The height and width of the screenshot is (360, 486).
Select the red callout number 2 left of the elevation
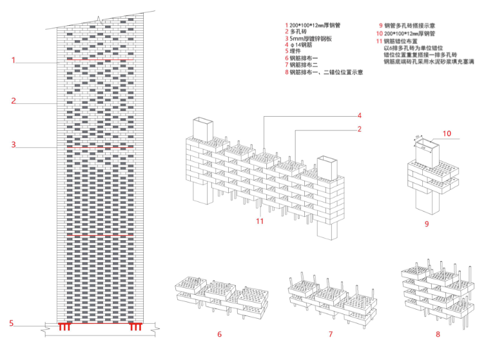coord(13,101)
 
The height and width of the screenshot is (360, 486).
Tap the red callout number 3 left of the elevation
coord(13,145)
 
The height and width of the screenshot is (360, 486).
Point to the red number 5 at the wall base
coord(11,323)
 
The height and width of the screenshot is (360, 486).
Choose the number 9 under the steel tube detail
coord(427,224)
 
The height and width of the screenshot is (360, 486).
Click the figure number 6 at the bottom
coord(219,334)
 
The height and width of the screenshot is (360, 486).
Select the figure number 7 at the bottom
coord(331,334)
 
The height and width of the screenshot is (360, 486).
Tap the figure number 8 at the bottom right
coord(438,334)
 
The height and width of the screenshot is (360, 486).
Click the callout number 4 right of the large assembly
coord(360,116)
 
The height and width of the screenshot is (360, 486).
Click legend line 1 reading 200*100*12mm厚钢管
coord(316,25)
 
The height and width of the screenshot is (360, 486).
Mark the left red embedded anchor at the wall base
coord(64,326)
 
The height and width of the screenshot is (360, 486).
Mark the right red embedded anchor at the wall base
coord(135,326)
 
